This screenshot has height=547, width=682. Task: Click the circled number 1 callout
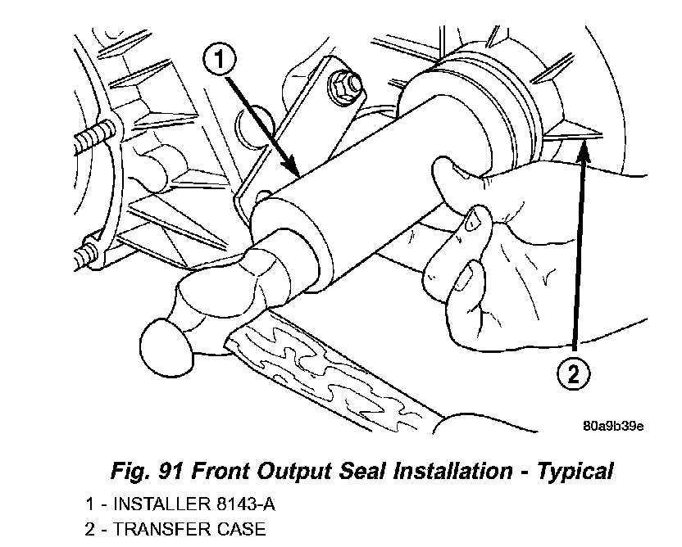click(220, 59)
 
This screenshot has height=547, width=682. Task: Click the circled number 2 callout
click(574, 373)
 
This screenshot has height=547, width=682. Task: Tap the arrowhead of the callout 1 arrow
click(291, 169)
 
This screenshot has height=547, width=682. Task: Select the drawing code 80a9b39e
click(613, 426)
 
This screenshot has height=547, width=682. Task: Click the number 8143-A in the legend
click(245, 504)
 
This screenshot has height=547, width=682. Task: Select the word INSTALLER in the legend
click(161, 504)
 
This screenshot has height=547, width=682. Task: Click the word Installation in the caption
click(452, 472)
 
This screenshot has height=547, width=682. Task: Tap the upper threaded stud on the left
click(93, 138)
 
